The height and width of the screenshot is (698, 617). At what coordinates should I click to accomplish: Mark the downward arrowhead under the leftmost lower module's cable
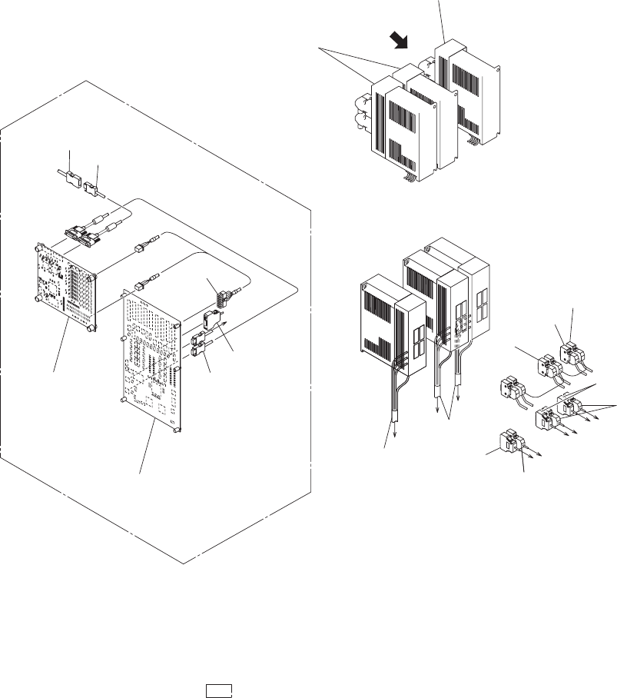pos(395,433)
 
